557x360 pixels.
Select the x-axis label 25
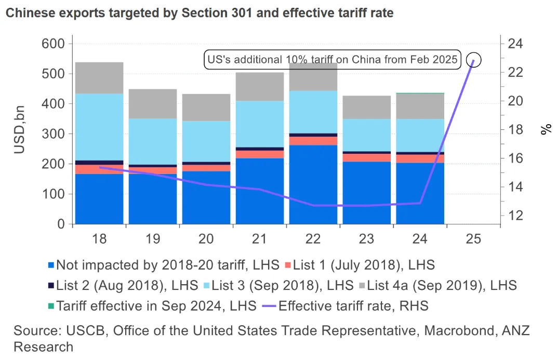click(474, 239)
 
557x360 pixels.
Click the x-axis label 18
click(99, 239)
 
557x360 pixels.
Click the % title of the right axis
click(546, 129)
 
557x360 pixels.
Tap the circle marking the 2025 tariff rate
click(474, 60)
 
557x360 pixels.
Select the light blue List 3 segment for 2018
click(99, 127)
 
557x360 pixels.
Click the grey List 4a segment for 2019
click(153, 104)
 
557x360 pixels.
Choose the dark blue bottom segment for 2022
click(313, 184)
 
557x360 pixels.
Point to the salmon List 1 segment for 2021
click(260, 154)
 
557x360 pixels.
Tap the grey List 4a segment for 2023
click(367, 107)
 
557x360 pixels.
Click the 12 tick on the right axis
click(514, 216)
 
